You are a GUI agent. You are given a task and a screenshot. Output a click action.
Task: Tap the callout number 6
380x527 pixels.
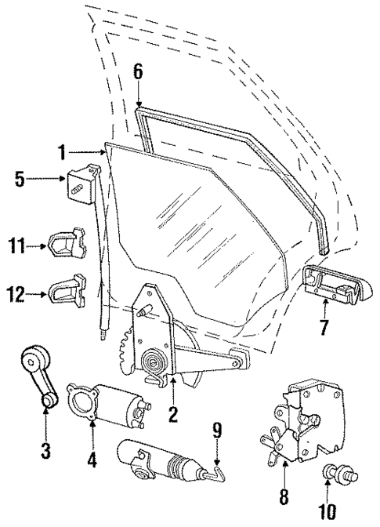138,71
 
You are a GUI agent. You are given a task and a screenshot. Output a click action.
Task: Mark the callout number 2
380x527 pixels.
171,410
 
